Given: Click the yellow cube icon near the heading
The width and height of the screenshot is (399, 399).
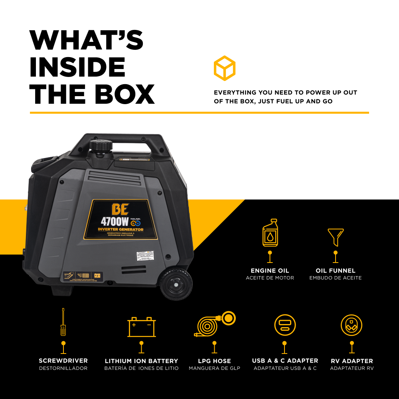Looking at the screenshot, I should click(x=225, y=68).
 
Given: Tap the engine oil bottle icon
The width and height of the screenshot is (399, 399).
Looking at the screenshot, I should click(x=270, y=233).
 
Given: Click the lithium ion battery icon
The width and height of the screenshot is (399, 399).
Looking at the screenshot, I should click(x=141, y=327).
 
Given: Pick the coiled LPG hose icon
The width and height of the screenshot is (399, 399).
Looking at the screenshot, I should click(x=215, y=325).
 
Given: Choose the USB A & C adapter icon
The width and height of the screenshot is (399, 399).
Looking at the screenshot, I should click(x=285, y=325).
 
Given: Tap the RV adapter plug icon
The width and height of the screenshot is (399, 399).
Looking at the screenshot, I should click(x=352, y=325).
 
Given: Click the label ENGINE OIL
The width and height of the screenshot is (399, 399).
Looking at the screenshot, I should click(x=270, y=271).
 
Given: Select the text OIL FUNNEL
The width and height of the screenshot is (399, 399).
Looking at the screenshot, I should click(x=336, y=271).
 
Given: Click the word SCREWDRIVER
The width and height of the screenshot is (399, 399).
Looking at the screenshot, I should click(x=63, y=361).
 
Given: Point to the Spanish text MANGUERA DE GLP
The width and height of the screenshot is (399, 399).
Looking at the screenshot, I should click(x=215, y=368).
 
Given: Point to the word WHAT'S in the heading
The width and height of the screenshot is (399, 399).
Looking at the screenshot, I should click(x=86, y=40).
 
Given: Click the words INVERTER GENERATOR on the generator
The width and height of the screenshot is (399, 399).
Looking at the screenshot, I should click(x=120, y=230).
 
